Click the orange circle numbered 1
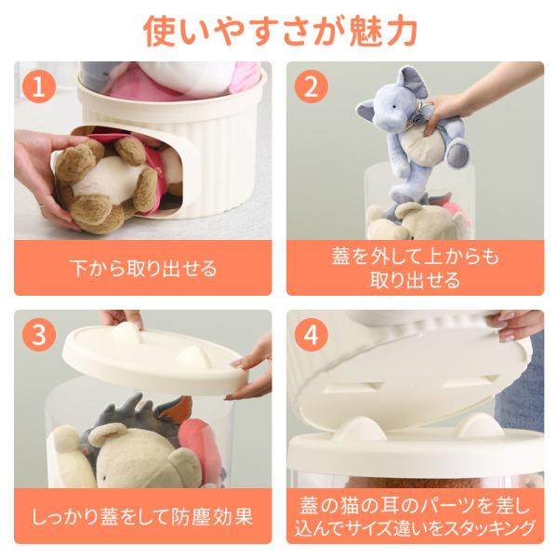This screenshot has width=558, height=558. click(39, 86)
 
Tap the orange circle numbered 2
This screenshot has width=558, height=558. click(311, 86)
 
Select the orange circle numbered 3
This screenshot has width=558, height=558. click(39, 335)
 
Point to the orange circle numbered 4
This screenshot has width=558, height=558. click(311, 335)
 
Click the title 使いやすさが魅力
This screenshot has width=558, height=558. click(280, 32)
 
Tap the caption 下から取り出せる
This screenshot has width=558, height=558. click(143, 269)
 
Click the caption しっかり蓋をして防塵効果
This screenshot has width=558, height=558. click(142, 516)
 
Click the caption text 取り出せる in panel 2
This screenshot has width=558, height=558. click(415, 280)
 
